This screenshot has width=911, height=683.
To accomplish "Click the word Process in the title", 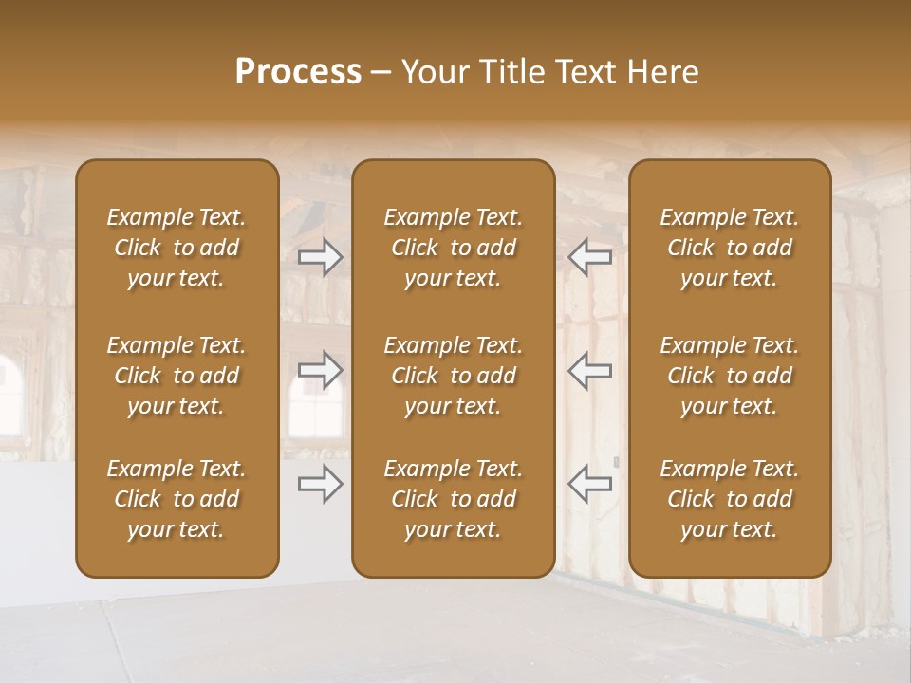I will [298, 72].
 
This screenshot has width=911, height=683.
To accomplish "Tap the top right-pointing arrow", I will [320, 257].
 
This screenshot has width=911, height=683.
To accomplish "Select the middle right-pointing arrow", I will [320, 370].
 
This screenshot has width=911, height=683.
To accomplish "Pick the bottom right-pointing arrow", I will [320, 484].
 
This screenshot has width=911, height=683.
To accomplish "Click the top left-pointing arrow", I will [590, 257].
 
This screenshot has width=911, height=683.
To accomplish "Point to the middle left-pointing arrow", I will [590, 370].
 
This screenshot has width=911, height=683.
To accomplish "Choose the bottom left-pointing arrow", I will [590, 484].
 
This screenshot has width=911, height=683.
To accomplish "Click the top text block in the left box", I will [177, 248].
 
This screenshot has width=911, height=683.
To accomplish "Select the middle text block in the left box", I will [177, 376].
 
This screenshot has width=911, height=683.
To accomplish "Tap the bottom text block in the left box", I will [177, 499].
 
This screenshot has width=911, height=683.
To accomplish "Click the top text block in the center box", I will [453, 248].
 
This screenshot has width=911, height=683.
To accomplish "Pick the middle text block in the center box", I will [453, 376].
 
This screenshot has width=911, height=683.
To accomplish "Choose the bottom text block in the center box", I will [453, 499].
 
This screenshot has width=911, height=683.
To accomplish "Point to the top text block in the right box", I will [729, 248].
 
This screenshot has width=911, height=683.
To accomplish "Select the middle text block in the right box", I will [729, 376].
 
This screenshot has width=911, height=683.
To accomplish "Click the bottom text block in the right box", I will [729, 499].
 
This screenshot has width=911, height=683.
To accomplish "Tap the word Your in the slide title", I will [433, 72].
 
